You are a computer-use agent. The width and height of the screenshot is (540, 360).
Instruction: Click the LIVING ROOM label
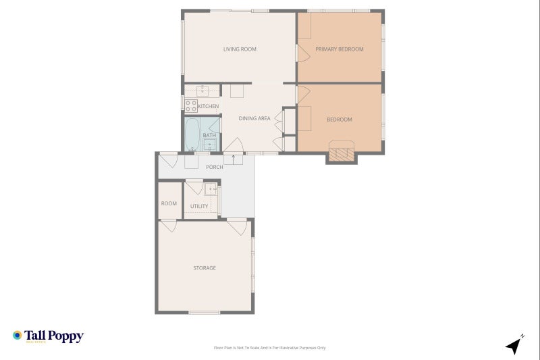coord(240,49)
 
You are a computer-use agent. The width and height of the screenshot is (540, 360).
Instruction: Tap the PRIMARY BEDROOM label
coord(340,49)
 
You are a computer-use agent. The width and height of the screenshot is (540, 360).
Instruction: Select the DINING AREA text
coord(254,119)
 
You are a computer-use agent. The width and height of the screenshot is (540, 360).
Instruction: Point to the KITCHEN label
coord(208,107)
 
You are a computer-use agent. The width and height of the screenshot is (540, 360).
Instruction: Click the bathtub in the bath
coord(192,134)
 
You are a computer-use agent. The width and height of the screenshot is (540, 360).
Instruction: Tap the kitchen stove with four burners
coord(190,105)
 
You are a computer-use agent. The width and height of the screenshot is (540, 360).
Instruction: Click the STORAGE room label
coord(205,268)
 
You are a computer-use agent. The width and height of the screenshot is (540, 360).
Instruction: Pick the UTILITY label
coord(199,207)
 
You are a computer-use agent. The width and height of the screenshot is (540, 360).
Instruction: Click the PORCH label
coord(214,167)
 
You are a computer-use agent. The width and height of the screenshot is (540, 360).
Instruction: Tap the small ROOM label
coord(169,203)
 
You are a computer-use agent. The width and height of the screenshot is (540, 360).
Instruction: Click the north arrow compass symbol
coord(514,345)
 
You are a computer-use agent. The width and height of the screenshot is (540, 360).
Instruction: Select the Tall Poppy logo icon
coord(17,336)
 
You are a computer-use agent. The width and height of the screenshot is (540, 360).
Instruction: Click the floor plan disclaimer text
coord(269,348)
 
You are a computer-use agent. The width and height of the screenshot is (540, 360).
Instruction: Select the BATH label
coord(210,135)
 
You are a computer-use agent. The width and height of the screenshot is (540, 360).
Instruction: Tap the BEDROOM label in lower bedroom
coord(340,120)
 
